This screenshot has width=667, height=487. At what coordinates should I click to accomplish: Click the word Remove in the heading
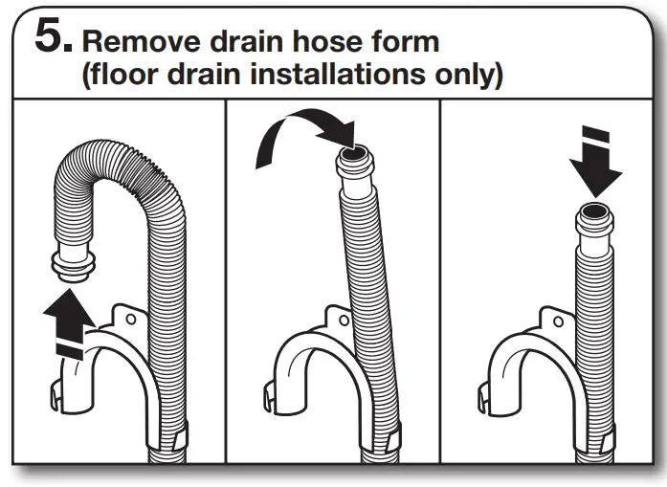point(136,41)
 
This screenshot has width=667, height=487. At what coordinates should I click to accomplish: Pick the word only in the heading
point(469,76)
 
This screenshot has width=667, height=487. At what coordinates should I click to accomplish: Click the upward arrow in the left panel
point(69,321)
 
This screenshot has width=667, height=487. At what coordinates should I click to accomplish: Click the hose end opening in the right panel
point(593,212)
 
